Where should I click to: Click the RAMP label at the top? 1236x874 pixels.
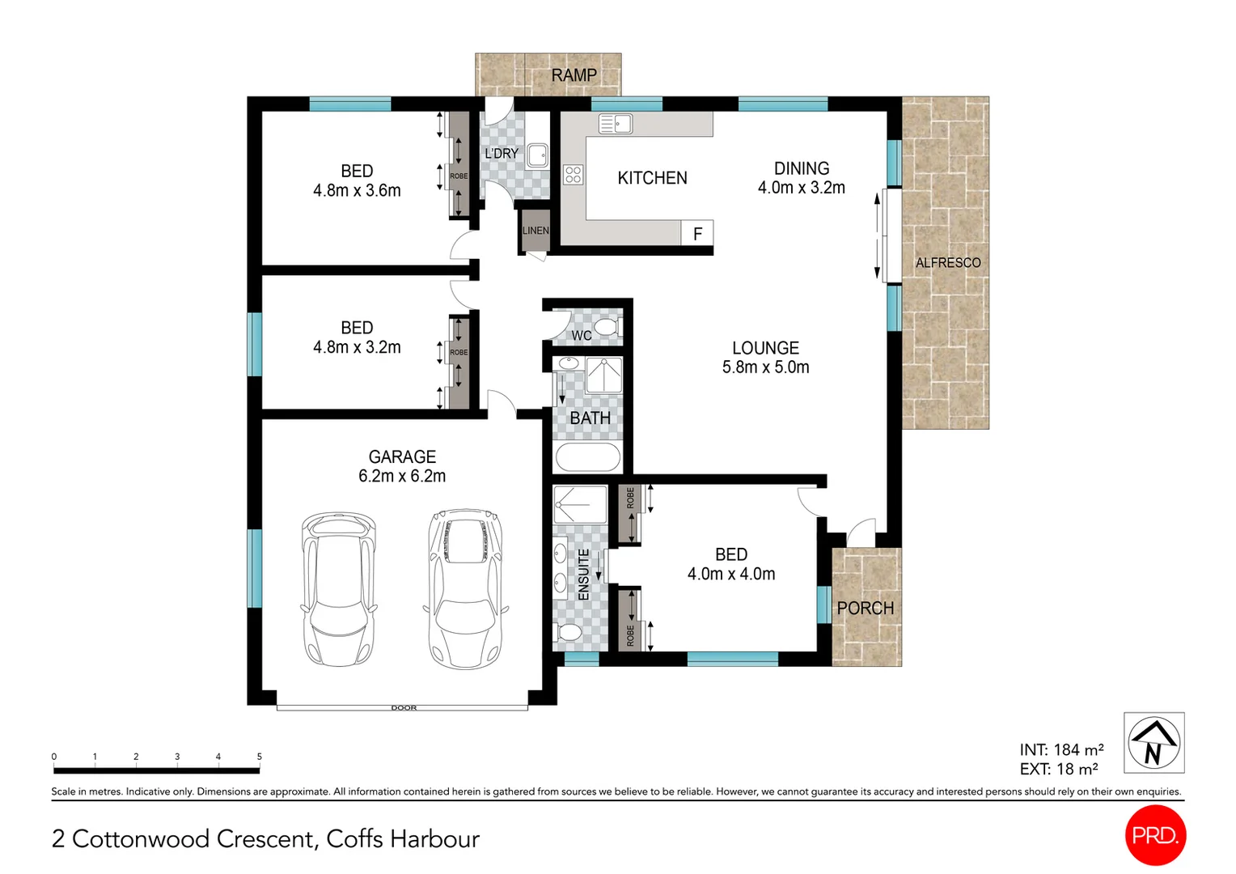pyautogui.click(x=574, y=75)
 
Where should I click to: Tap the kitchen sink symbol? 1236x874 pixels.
pyautogui.click(x=615, y=124)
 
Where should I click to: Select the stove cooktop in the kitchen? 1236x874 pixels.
pyautogui.click(x=573, y=174)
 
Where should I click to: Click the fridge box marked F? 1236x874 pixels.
pyautogui.click(x=697, y=234)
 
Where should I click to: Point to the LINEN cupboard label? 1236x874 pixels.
pyautogui.click(x=535, y=231)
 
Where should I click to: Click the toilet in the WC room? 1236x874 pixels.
pyautogui.click(x=607, y=327)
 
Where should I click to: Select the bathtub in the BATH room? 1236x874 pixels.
pyautogui.click(x=587, y=457)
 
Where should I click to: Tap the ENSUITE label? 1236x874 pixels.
pyautogui.click(x=583, y=575)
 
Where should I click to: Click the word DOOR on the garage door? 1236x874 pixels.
pyautogui.click(x=404, y=707)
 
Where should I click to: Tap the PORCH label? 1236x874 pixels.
pyautogui.click(x=865, y=609)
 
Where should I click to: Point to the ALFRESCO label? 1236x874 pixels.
pyautogui.click(x=947, y=263)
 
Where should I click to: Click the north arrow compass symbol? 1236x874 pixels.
pyautogui.click(x=1153, y=743)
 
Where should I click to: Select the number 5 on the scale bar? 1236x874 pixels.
pyautogui.click(x=259, y=757)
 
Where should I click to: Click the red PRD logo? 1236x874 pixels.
pyautogui.click(x=1154, y=835)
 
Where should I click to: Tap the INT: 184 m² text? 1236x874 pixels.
pyautogui.click(x=1060, y=750)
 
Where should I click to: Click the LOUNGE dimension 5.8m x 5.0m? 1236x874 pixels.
pyautogui.click(x=765, y=367)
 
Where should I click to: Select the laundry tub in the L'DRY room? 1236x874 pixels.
pyautogui.click(x=537, y=155)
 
